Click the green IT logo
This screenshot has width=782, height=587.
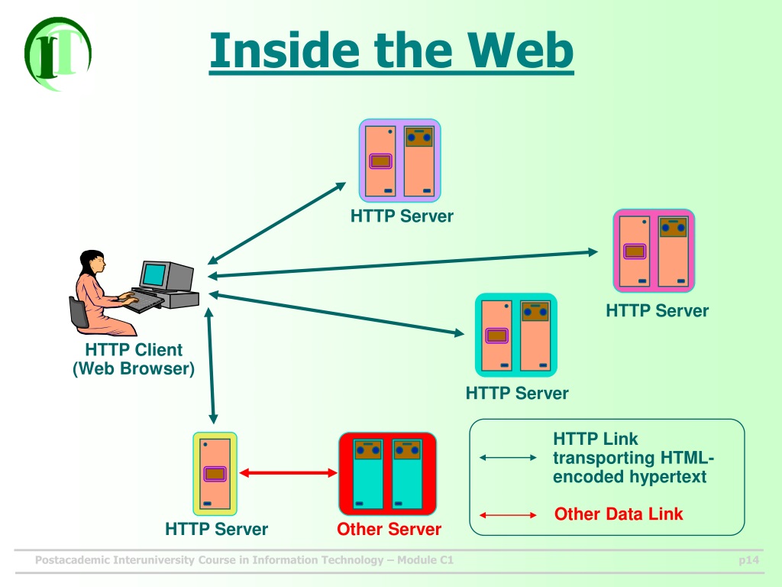click(58, 54)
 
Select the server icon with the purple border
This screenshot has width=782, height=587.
click(400, 161)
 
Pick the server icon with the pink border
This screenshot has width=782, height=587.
click(654, 251)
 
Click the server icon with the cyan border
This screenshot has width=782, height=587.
click(516, 335)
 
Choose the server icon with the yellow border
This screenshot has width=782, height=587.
click(215, 474)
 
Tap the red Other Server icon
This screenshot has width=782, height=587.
click(387, 474)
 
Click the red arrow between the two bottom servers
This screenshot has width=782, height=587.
click(288, 472)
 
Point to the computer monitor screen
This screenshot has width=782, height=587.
click(154, 274)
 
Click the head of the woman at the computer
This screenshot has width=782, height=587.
click(93, 262)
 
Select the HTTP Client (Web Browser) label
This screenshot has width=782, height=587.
click(134, 359)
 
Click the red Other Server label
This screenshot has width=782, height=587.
click(389, 529)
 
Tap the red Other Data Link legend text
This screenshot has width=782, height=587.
click(619, 514)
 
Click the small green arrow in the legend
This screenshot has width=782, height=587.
click(508, 457)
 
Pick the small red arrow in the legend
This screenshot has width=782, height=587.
click(508, 514)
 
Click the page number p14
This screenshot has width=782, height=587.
click(748, 560)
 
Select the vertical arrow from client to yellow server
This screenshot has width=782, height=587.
click(211, 366)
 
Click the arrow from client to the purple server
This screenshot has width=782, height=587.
click(276, 223)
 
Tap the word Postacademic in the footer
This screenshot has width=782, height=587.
click(73, 560)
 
